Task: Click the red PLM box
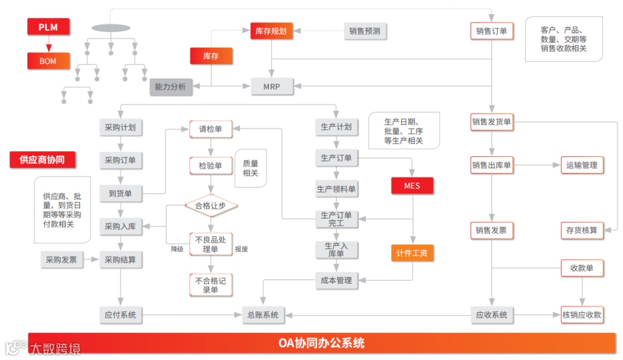(x=48, y=27)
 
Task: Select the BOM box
(x=48, y=60)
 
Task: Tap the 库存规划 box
(x=271, y=31)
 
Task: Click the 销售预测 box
(x=365, y=31)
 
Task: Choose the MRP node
(x=272, y=87)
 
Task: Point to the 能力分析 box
(x=171, y=87)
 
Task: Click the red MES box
(x=412, y=186)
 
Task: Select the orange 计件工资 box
(x=412, y=253)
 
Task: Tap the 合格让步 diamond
(x=211, y=205)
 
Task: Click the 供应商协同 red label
(x=43, y=160)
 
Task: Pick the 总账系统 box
(x=263, y=314)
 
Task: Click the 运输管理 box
(x=581, y=165)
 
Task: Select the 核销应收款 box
(x=581, y=314)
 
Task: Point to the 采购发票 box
(x=62, y=260)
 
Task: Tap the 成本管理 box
(x=336, y=280)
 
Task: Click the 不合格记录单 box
(x=211, y=284)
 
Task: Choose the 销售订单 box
(x=491, y=31)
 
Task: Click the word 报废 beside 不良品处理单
(x=241, y=249)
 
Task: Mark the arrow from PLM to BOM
(x=48, y=45)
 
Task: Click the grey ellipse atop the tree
(x=111, y=28)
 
